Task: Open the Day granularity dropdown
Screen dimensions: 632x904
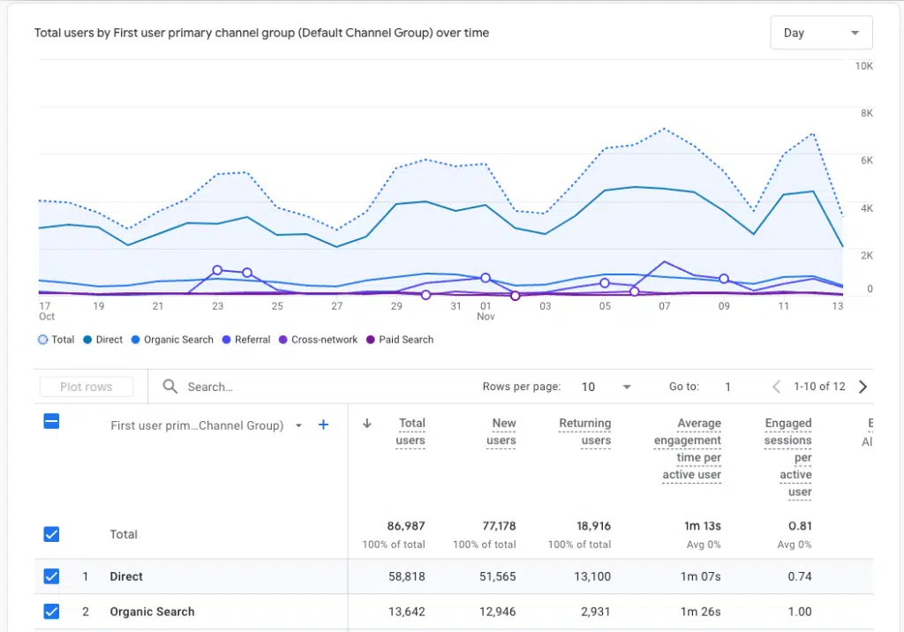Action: coord(821,33)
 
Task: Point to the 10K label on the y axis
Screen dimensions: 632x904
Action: coord(863,66)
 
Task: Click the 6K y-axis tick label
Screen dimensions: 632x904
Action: coord(865,161)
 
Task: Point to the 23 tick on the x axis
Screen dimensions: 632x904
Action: coord(217,306)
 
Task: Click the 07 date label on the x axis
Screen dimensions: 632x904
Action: coord(664,306)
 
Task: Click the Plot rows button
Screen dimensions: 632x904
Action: coord(87,387)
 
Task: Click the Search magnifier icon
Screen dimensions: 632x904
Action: coord(170,387)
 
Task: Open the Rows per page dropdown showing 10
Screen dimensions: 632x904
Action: coord(606,387)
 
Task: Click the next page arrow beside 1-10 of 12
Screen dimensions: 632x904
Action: coord(863,387)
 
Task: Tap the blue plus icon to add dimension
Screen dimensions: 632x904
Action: coord(323,425)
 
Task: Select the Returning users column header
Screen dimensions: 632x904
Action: coord(584,432)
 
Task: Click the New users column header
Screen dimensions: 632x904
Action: coord(501,432)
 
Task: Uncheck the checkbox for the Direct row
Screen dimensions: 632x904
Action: coord(51,576)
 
